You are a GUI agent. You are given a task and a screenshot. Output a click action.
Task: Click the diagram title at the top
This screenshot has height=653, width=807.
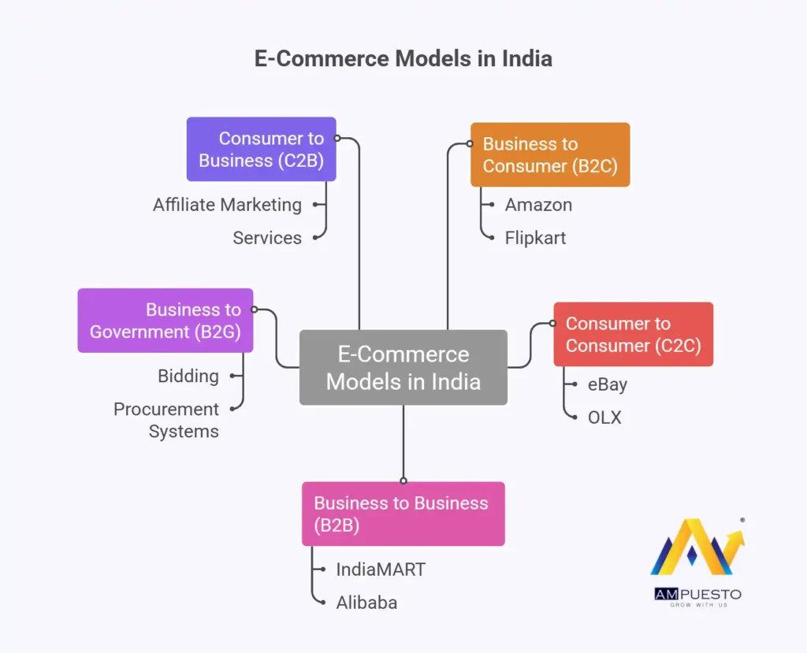(x=403, y=59)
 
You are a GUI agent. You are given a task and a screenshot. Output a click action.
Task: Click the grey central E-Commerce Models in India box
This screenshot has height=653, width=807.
(x=403, y=368)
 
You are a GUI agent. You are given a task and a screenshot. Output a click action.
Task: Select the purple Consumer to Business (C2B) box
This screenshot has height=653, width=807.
(x=261, y=149)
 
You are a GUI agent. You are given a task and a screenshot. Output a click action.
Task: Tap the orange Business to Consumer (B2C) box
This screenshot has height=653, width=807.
(x=550, y=154)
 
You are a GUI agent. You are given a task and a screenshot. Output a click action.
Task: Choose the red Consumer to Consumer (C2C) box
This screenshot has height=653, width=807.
(x=633, y=334)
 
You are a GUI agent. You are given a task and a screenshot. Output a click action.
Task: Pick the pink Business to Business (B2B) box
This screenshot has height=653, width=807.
(x=403, y=514)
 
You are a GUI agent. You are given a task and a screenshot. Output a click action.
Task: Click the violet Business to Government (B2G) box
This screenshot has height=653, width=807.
(x=165, y=320)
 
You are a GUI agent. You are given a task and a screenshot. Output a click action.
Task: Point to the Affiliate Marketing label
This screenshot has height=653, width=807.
(x=227, y=205)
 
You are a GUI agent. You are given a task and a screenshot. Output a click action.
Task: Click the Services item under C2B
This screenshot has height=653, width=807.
(x=267, y=238)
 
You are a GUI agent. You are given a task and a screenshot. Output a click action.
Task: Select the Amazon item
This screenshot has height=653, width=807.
(x=538, y=205)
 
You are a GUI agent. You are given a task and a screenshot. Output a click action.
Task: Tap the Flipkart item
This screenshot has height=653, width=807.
(x=535, y=238)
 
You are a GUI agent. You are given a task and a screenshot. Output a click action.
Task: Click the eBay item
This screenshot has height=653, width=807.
(x=608, y=384)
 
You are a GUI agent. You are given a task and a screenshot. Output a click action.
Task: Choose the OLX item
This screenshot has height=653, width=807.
(x=604, y=417)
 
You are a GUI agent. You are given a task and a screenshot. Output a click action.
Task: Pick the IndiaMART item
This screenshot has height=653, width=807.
(x=381, y=570)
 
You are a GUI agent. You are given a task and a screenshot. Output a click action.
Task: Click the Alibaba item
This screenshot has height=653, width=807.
(x=366, y=603)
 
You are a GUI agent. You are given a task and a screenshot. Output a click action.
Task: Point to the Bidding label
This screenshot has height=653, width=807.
(x=188, y=376)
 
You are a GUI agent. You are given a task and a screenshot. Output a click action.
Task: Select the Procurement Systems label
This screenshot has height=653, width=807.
(x=166, y=420)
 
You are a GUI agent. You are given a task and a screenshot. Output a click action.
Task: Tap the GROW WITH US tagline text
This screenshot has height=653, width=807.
(x=697, y=605)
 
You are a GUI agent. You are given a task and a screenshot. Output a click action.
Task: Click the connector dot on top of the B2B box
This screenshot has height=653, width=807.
(x=403, y=480)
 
